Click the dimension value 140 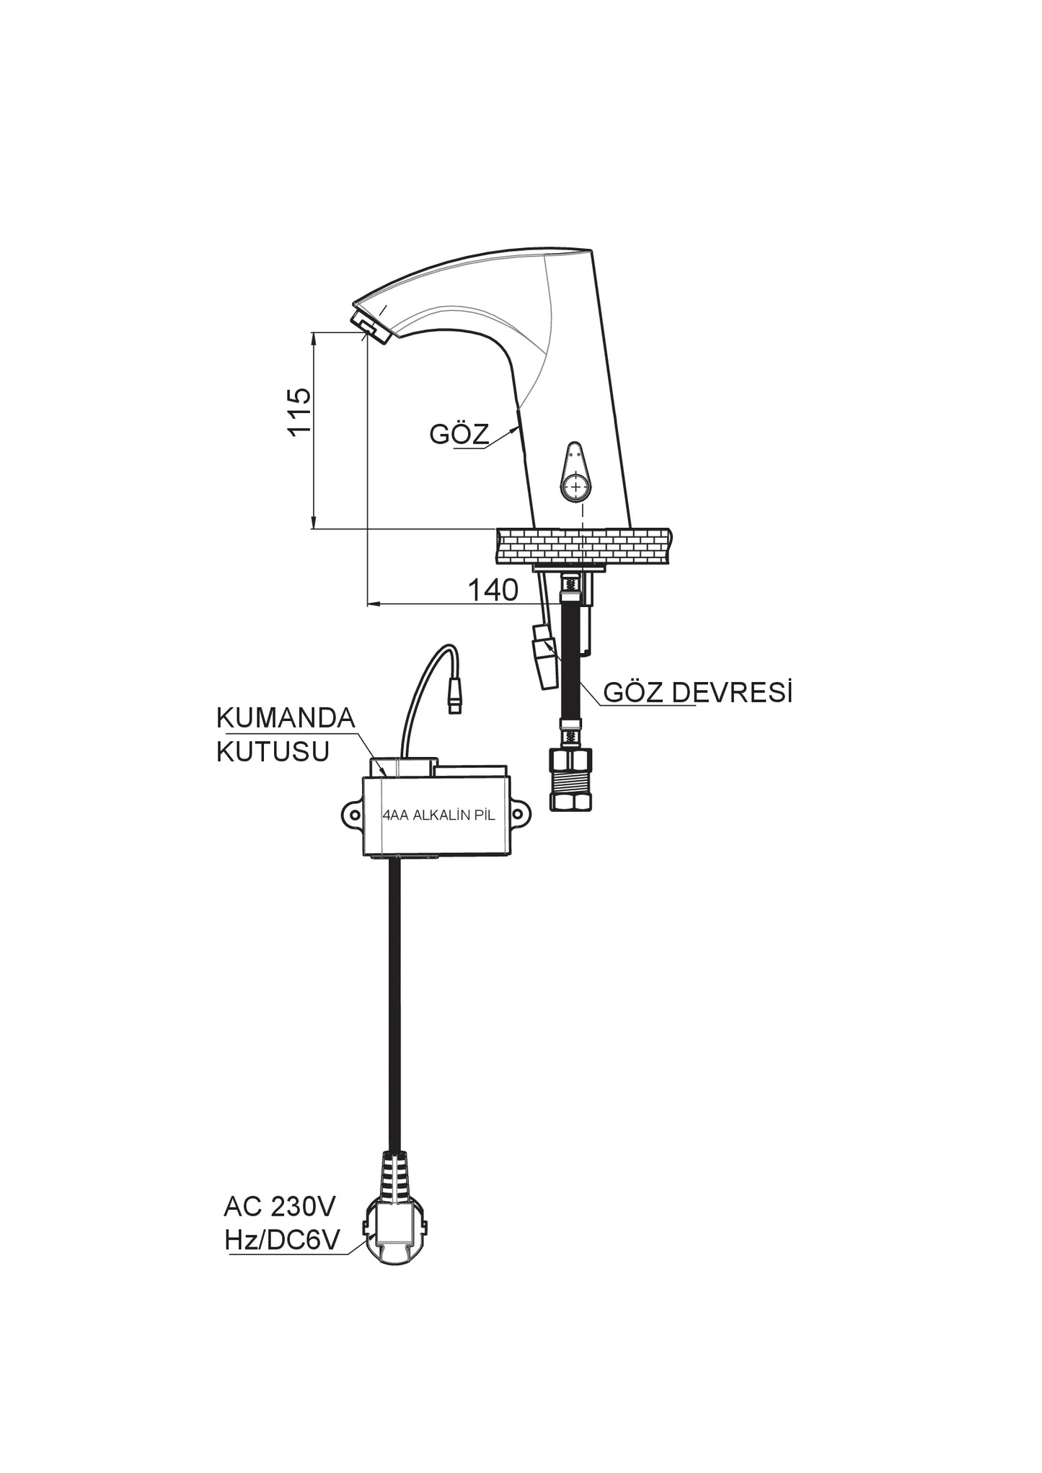click(493, 590)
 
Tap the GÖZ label click(459, 434)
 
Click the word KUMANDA click(286, 718)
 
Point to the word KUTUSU click(273, 752)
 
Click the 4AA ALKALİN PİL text click(438, 816)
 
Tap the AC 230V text click(280, 1206)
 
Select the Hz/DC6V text click(282, 1240)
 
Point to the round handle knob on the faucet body click(575, 487)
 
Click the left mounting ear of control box click(353, 814)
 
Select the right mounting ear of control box click(519, 814)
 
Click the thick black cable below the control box click(394, 1009)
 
